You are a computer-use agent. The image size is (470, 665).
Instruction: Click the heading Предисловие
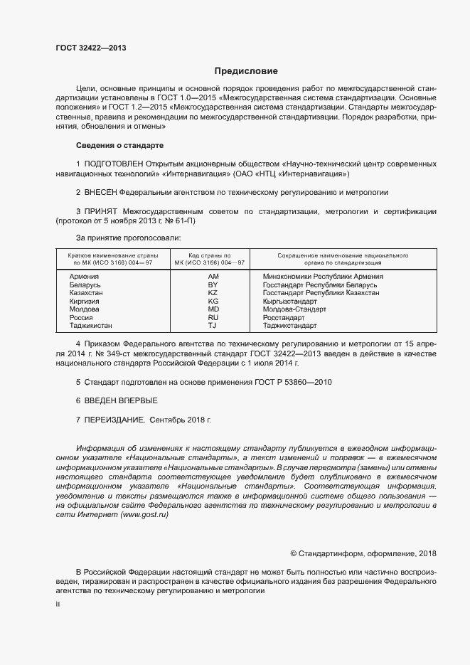pos(246,71)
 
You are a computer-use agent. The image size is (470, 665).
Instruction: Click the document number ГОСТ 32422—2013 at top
pos(91,48)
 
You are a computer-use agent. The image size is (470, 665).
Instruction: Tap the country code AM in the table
pos(213,276)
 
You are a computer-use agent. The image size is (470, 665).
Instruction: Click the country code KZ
pos(213,293)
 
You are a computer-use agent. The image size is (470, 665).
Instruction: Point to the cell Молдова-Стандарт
pos(294,309)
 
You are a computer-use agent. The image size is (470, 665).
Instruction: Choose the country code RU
pos(213,318)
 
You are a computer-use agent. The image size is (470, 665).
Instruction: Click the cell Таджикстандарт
pos(290,326)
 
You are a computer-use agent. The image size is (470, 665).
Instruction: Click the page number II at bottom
pos(58,605)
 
